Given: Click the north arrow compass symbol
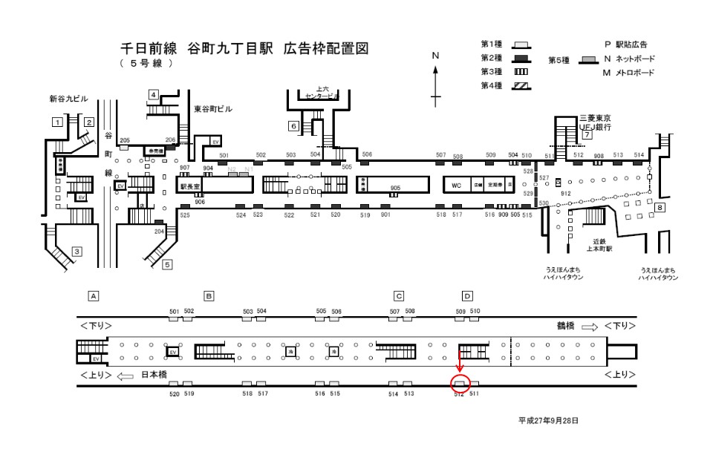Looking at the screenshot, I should pyautogui.click(x=436, y=82).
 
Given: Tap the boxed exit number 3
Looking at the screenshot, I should pyautogui.click(x=76, y=252).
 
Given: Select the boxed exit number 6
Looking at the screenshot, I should pyautogui.click(x=294, y=126).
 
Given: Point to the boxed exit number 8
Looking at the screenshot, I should pyautogui.click(x=660, y=208).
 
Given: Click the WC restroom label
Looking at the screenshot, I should pyautogui.click(x=456, y=184).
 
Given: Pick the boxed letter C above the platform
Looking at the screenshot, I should pyautogui.click(x=399, y=295).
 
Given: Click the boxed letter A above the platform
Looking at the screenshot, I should pyautogui.click(x=94, y=295).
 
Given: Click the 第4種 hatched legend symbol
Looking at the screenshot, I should pyautogui.click(x=521, y=86).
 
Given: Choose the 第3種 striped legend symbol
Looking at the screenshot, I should pyautogui.click(x=521, y=72).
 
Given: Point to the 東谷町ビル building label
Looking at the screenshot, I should pyautogui.click(x=213, y=109).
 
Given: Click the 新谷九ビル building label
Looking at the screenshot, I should pyautogui.click(x=68, y=99).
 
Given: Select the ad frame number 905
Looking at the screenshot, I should pyautogui.click(x=395, y=189).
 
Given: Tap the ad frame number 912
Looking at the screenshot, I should pyautogui.click(x=565, y=192).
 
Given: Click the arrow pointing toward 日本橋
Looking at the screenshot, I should pyautogui.click(x=125, y=376).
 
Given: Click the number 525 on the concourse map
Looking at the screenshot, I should pyautogui.click(x=185, y=214).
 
